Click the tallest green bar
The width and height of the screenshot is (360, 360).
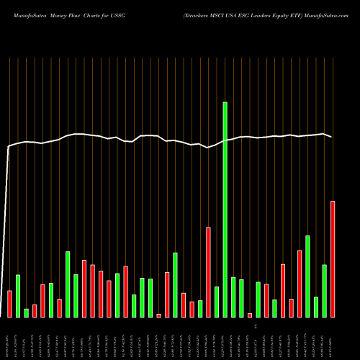tap(225, 209)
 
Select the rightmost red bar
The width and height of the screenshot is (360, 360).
tap(333, 259)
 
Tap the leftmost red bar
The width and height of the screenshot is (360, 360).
tap(9, 303)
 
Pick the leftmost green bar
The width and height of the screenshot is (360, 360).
tap(18, 296)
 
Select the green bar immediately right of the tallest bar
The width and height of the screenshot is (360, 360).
tap(233, 297)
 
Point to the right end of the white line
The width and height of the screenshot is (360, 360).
tap(332, 137)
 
